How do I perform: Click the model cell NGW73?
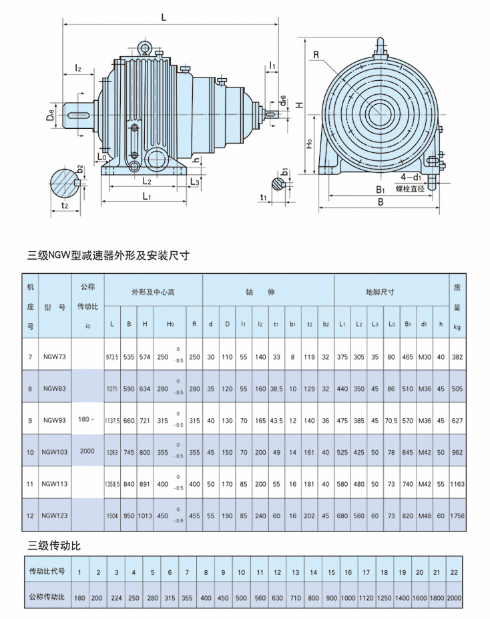point(55,357)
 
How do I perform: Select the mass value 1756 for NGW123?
point(457,516)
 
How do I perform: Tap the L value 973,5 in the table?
point(112,357)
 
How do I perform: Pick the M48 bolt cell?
point(425,516)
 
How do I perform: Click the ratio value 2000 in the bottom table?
point(454,598)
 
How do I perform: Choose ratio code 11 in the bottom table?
point(260,572)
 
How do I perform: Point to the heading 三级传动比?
point(54,546)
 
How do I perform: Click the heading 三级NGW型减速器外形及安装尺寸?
point(108,256)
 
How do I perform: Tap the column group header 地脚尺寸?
point(380,292)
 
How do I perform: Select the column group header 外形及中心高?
point(153,292)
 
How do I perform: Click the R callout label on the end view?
point(316,55)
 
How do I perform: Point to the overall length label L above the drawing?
point(164,17)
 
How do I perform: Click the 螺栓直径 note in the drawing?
point(411,189)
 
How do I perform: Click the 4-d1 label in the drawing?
point(411,177)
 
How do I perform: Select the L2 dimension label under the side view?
point(147,181)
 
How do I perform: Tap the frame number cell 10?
point(30,453)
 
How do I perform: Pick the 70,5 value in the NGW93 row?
point(391,421)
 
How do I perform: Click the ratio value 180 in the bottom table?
point(79,598)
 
